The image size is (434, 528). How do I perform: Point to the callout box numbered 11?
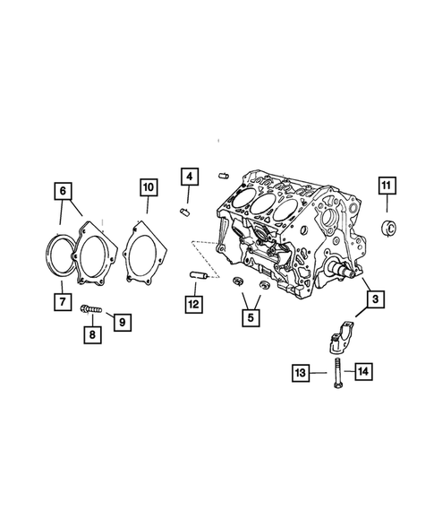click(386, 186)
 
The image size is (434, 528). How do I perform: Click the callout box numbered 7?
click(61, 301)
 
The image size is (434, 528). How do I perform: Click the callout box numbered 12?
click(193, 303)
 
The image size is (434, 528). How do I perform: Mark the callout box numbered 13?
click(300, 371)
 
